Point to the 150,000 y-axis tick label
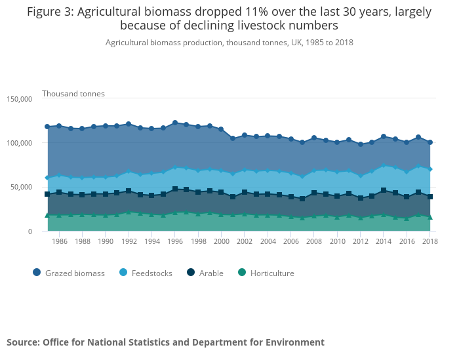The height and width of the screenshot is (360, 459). pos(20,99)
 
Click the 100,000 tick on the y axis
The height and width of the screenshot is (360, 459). pos(20,143)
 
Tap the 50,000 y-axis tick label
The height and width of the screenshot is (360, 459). pos(22,187)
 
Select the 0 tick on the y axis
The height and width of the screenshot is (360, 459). pos(29,231)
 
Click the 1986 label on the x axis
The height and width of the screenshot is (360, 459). pos(59,241)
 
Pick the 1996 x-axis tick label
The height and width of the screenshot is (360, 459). pos(175,241)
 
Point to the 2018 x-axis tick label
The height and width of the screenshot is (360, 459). pos(429,241)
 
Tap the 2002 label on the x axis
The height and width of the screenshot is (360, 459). pos(245,241)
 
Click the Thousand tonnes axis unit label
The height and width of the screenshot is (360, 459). pos(73,94)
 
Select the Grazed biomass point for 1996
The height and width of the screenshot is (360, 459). pos(175,123)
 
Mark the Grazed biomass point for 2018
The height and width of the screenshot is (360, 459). pos(430,142)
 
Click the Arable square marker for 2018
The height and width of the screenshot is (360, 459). pos(430,197)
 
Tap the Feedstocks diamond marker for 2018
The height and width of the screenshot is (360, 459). pos(430,169)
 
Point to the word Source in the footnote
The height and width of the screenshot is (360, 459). pos(23,342)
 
